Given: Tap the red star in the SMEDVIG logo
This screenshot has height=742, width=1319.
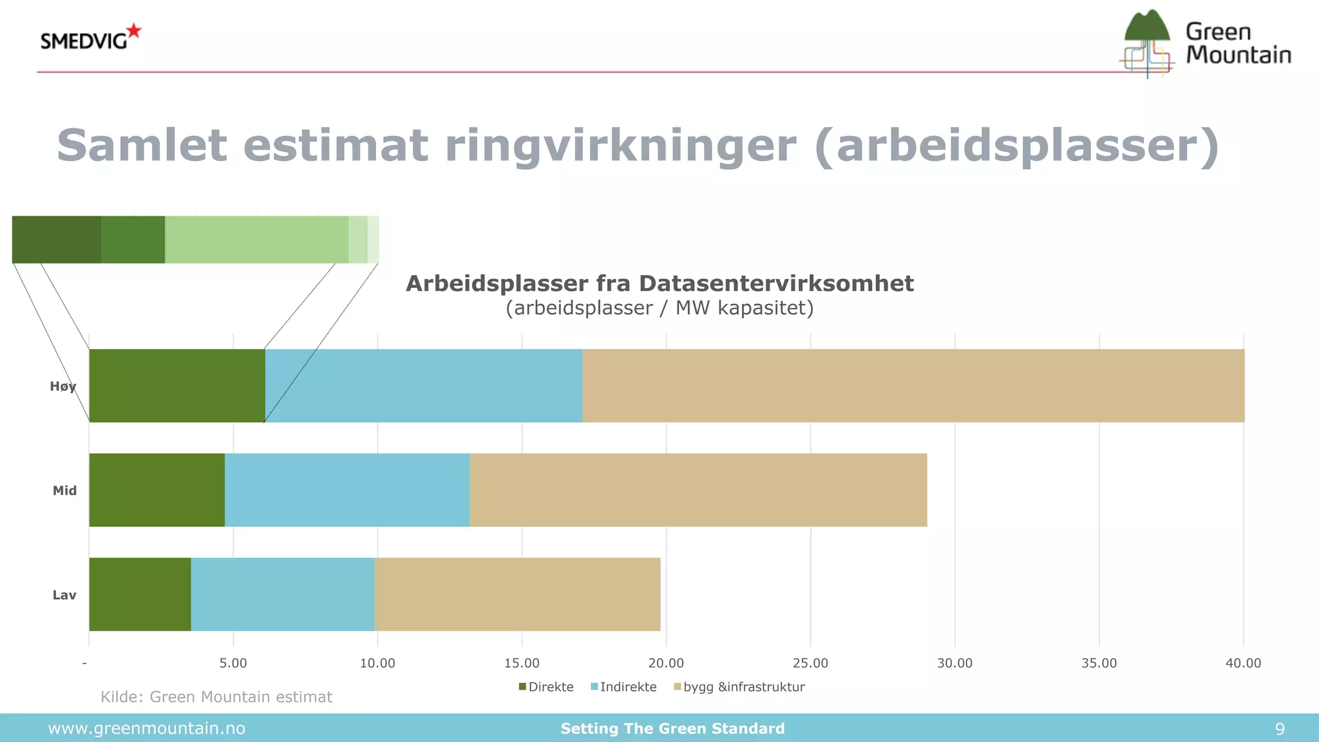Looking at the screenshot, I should click(x=134, y=30).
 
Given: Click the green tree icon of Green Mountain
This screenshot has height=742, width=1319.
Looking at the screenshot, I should click(x=1146, y=27).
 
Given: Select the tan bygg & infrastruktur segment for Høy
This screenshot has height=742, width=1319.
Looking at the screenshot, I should click(x=913, y=386).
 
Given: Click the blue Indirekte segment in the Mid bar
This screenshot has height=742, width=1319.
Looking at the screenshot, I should click(x=347, y=490).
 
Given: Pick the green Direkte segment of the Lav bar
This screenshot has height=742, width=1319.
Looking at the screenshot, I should click(x=140, y=594).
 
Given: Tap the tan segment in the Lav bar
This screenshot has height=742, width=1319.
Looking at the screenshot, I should click(x=517, y=594).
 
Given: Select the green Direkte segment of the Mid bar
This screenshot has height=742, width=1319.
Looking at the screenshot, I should click(x=157, y=490).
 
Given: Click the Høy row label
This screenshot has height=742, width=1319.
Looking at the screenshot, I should click(x=63, y=386).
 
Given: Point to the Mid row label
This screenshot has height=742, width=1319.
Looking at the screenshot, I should click(x=64, y=491).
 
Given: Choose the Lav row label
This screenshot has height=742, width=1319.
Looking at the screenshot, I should click(x=64, y=595).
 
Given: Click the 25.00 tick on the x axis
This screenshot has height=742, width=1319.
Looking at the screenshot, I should click(x=810, y=663).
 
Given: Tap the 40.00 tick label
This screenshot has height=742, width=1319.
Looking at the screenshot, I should click(x=1243, y=663).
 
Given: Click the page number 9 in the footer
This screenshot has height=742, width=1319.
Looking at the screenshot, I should click(x=1279, y=728).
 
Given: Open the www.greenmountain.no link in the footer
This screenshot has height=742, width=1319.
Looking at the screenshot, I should click(x=147, y=728).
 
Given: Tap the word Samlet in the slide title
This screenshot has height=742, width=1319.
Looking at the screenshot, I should click(x=142, y=145).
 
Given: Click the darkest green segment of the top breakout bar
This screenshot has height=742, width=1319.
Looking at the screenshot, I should click(x=56, y=240).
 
